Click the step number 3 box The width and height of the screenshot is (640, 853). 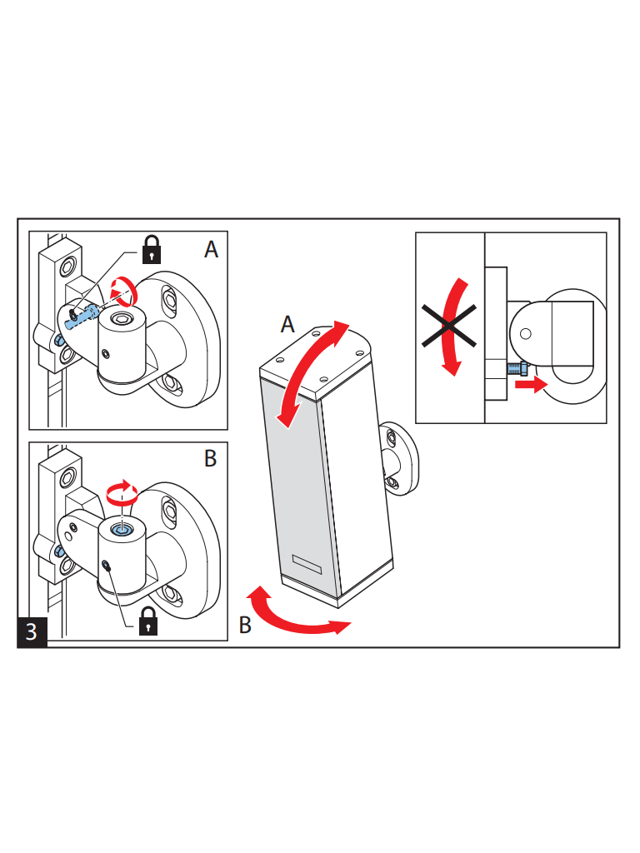click(32, 631)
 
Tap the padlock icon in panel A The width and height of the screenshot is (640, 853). click(152, 250)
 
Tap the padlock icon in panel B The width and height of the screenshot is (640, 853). click(148, 621)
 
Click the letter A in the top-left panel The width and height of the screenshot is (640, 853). click(211, 249)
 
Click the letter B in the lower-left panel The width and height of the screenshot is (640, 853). click(210, 458)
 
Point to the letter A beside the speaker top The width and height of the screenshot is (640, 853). click(287, 324)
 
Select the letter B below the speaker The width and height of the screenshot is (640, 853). click(246, 625)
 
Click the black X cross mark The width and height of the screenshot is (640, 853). click(449, 326)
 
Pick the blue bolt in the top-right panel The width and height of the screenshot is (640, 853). click(517, 368)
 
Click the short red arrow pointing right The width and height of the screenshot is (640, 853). click(531, 385)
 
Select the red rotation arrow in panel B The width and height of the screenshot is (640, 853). click(122, 491)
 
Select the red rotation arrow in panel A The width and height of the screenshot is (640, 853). click(124, 292)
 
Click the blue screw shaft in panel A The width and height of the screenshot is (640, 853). click(81, 317)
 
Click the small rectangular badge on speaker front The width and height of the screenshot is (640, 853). click(307, 564)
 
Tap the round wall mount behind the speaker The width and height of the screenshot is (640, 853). click(401, 459)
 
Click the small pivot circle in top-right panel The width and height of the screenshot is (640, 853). click(526, 333)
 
